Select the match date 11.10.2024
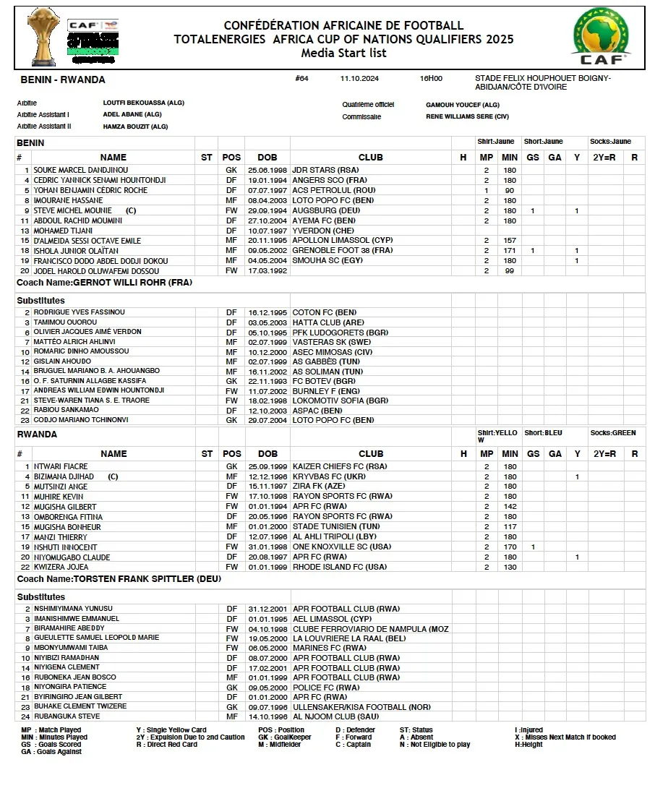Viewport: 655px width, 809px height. coord(359,78)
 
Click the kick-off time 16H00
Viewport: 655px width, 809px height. coord(431,78)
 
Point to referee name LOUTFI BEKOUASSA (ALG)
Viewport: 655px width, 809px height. coord(143,103)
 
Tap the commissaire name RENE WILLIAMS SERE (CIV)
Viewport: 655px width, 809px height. coord(467,116)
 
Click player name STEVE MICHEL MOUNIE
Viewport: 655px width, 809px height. coord(72,210)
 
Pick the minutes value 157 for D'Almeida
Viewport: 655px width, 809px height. coord(510,241)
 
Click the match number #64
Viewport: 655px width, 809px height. coord(301,78)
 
